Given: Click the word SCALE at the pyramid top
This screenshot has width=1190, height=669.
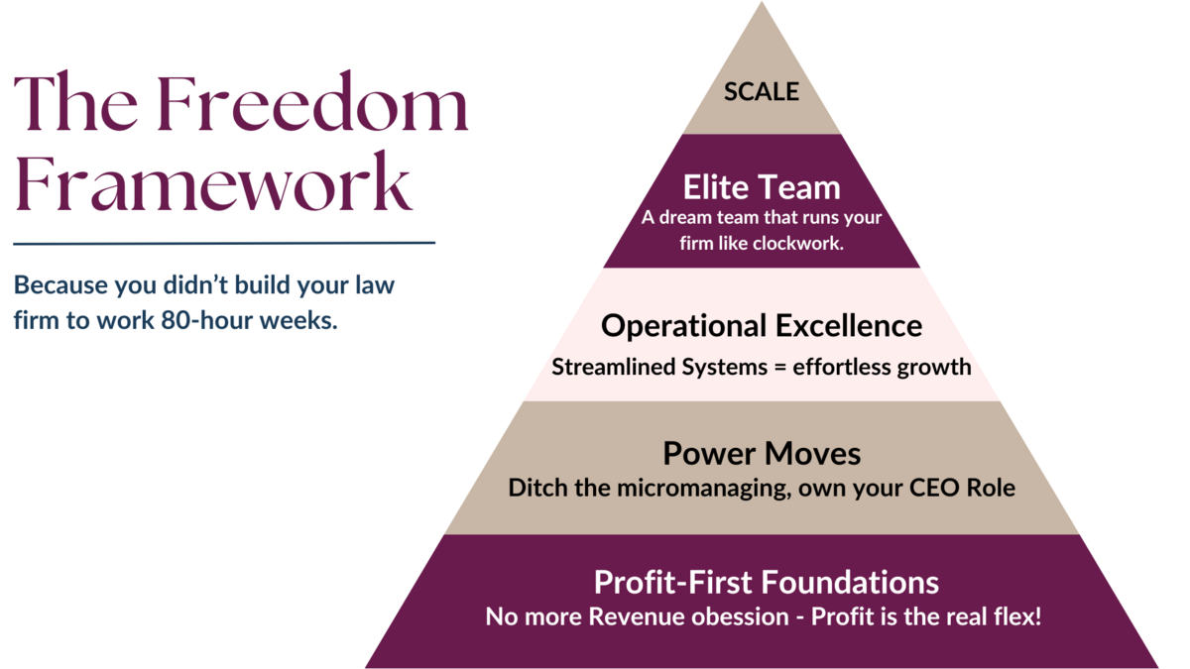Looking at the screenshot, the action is [x=762, y=91].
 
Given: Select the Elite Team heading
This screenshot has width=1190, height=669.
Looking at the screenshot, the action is [x=762, y=187].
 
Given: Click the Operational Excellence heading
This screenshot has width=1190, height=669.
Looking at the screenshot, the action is [x=762, y=326].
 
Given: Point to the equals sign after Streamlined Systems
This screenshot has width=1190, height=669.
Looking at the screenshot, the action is [x=779, y=367].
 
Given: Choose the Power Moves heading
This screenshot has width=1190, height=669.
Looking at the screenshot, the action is [x=762, y=454].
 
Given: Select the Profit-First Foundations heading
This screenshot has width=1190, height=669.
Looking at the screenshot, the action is [x=766, y=582].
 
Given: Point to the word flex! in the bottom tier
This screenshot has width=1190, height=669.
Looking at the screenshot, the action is [x=1016, y=616].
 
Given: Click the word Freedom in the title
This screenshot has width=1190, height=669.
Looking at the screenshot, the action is [x=312, y=101].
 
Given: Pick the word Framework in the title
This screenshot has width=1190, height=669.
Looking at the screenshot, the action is [x=213, y=182].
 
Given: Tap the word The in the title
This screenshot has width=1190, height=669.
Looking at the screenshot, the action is [x=75, y=101].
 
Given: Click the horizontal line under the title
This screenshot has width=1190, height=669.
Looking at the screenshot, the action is [x=224, y=243].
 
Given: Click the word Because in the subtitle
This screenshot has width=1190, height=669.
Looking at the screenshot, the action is [x=60, y=284].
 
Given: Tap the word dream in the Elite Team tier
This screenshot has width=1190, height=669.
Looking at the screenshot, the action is [x=685, y=217].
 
